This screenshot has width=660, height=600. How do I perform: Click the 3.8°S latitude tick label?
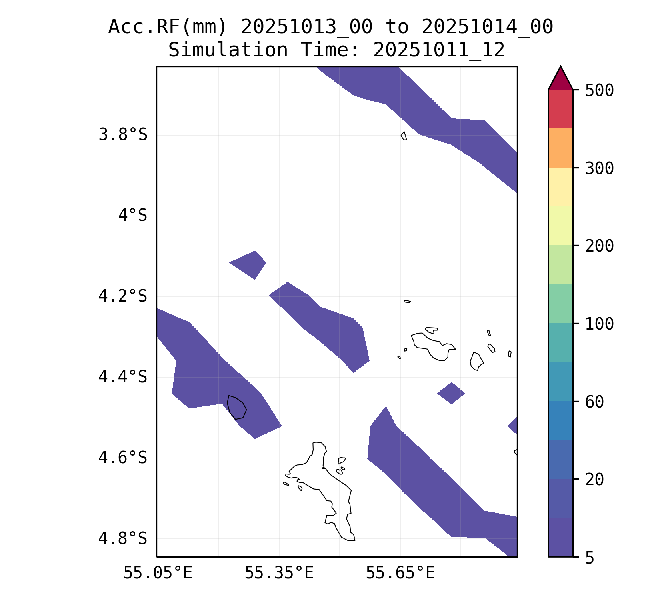coord(123,135)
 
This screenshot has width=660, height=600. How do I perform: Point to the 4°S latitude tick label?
coord(132,216)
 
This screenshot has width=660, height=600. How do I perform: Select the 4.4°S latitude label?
coord(123,377)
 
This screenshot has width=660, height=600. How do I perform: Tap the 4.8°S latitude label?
coord(123,538)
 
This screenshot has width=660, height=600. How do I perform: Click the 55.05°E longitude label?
coord(158,573)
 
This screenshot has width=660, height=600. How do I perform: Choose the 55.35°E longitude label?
coord(279,573)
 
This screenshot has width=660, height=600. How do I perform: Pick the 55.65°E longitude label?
coord(400,573)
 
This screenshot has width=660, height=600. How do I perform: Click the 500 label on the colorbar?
coord(599,90)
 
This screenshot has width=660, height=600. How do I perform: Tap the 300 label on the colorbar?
coord(599,168)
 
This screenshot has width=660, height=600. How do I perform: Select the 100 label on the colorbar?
coord(599,324)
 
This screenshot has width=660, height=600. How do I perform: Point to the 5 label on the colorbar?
coord(590,558)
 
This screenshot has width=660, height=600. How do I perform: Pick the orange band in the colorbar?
coord(560,148)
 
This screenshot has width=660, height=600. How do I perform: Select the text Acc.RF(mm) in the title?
coord(168,27)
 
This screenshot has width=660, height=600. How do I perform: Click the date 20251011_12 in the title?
coord(439,50)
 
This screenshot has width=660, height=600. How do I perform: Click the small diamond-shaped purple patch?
coord(451,393)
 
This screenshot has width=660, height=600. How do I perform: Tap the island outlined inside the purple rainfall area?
coord(236,407)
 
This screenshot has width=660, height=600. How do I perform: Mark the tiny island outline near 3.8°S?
coord(404,136)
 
